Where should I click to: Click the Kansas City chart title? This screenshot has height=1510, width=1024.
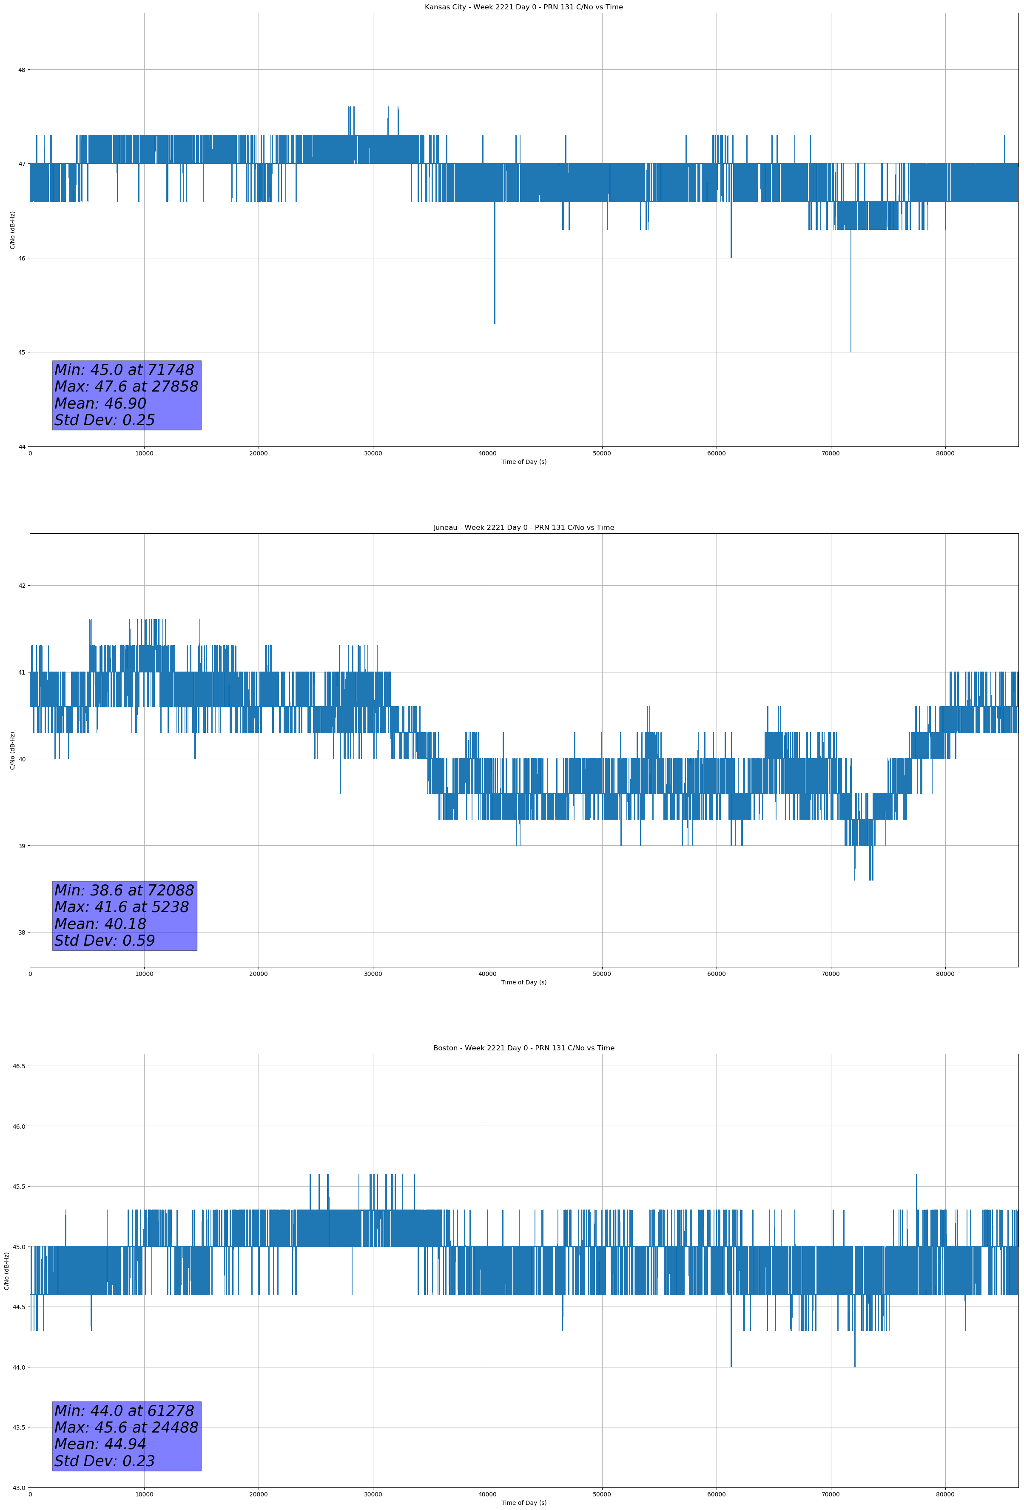coord(523,7)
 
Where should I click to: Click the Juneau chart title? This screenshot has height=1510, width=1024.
coord(523,528)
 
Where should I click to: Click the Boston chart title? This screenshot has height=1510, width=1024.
coord(523,1048)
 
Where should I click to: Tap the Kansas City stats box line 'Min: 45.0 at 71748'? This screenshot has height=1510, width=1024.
coord(124,370)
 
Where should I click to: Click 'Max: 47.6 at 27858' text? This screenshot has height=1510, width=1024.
coord(126,386)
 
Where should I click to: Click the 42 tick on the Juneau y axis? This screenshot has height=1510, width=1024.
coord(21,586)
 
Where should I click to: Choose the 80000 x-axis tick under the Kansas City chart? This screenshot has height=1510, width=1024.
coord(945,454)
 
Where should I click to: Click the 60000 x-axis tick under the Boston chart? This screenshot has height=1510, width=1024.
coord(716,1494)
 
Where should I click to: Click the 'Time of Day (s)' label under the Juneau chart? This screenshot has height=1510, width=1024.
coord(523,982)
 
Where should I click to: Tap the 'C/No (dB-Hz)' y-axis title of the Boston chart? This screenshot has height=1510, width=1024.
coord(6,1271)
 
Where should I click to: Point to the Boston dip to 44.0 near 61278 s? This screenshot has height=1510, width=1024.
coord(731,1366)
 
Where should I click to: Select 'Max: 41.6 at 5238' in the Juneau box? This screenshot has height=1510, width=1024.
coord(122,907)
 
